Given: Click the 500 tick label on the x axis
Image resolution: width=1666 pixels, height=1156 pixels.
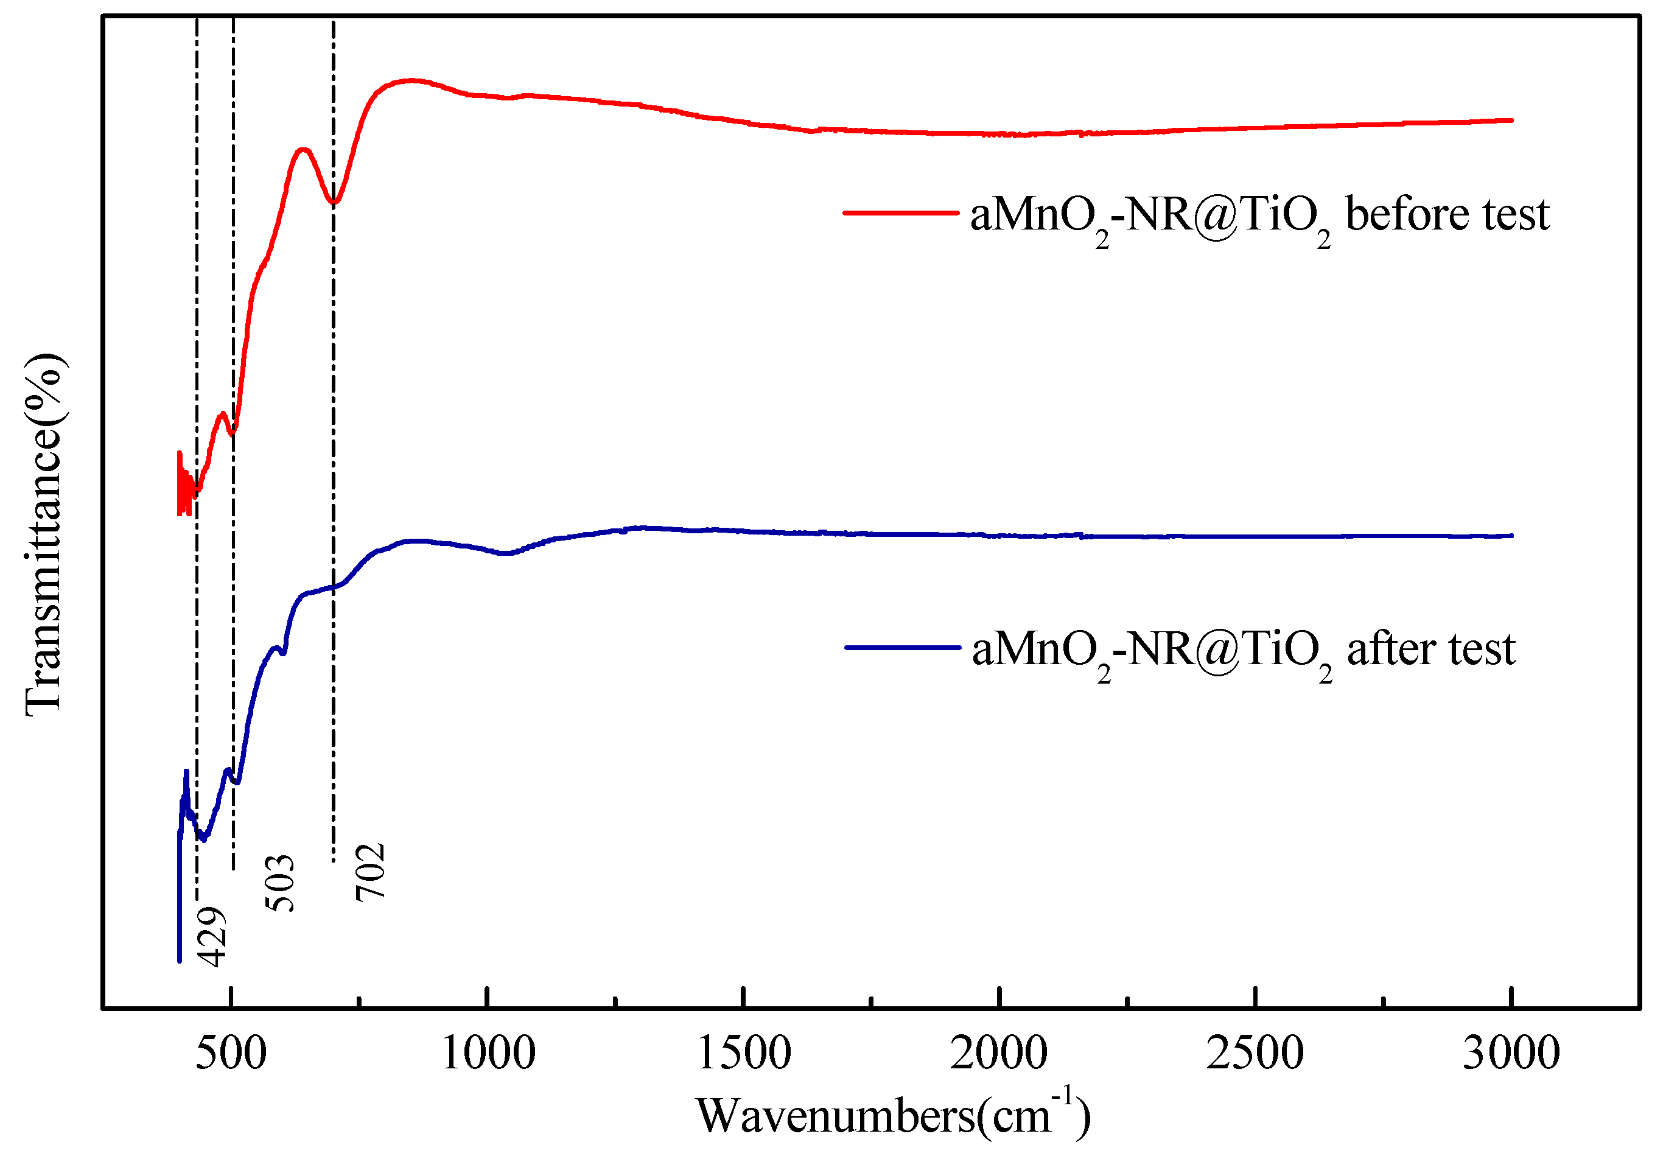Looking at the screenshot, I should (x=231, y=1054).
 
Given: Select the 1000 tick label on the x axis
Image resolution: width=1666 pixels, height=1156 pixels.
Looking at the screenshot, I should (x=488, y=1054).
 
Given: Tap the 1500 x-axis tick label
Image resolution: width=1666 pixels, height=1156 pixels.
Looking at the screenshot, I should (x=744, y=1054).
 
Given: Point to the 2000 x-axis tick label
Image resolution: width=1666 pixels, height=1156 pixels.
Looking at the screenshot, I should (x=998, y=1054).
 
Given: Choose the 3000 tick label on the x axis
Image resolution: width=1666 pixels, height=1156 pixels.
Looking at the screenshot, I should (x=1511, y=1054).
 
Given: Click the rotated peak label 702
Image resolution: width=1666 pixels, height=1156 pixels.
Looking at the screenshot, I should (x=370, y=872).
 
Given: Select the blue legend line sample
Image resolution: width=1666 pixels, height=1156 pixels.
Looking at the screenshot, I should (x=902, y=647).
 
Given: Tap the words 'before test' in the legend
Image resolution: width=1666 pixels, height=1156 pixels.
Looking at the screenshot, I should (x=1447, y=215).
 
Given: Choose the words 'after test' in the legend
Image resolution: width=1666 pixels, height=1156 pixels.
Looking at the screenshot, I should (x=1430, y=649).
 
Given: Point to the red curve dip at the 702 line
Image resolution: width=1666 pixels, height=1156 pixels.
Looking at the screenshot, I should (x=334, y=202).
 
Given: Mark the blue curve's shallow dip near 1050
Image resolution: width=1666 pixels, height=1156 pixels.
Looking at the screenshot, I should (x=507, y=553).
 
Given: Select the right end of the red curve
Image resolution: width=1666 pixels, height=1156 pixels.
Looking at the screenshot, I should (x=1511, y=121).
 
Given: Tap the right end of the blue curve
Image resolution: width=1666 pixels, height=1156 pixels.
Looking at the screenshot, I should (x=1511, y=536).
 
